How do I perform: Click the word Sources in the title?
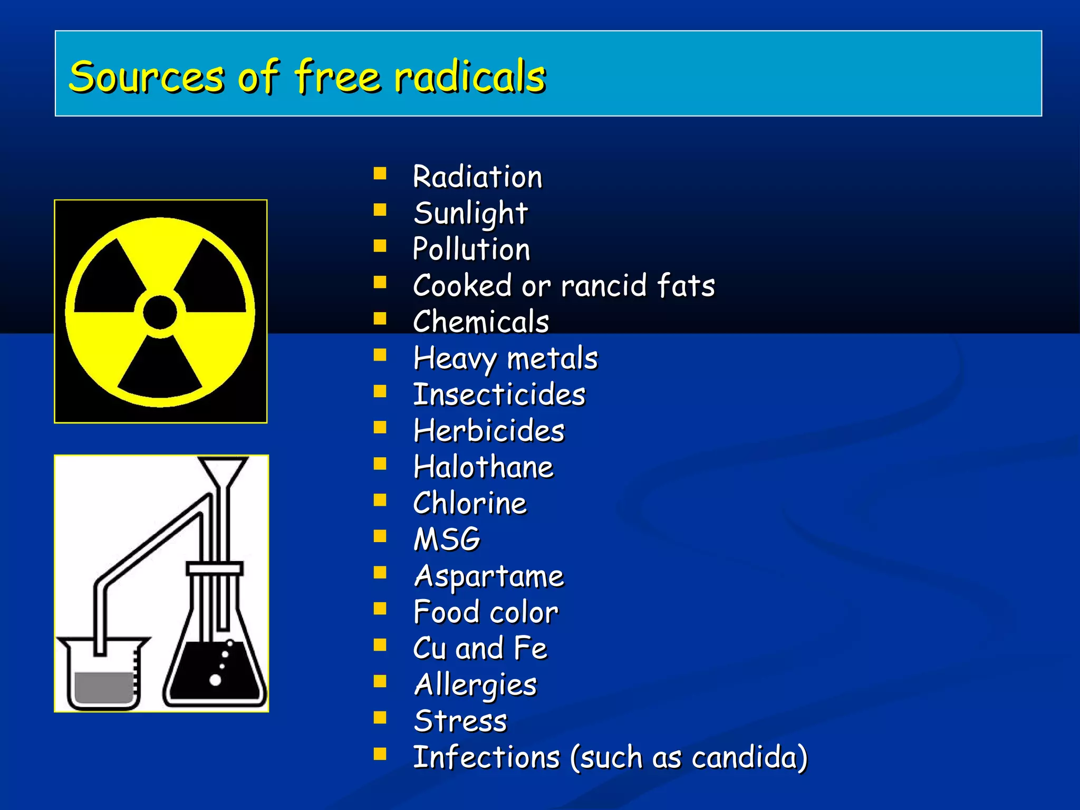click(x=147, y=77)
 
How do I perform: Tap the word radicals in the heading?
click(x=470, y=77)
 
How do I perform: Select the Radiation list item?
click(x=477, y=177)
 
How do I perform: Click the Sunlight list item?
click(x=470, y=213)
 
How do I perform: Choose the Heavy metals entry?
click(x=506, y=359)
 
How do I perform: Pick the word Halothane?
click(x=484, y=467)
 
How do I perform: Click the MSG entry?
click(x=447, y=540)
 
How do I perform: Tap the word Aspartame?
click(x=489, y=576)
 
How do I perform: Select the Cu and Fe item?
click(x=480, y=649)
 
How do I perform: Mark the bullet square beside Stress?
click(x=380, y=718)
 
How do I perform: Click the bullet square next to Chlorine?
click(x=380, y=500)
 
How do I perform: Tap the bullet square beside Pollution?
click(x=380, y=246)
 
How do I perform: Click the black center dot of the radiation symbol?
click(x=160, y=312)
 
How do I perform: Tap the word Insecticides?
click(x=499, y=395)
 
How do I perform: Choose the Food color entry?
click(x=486, y=613)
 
